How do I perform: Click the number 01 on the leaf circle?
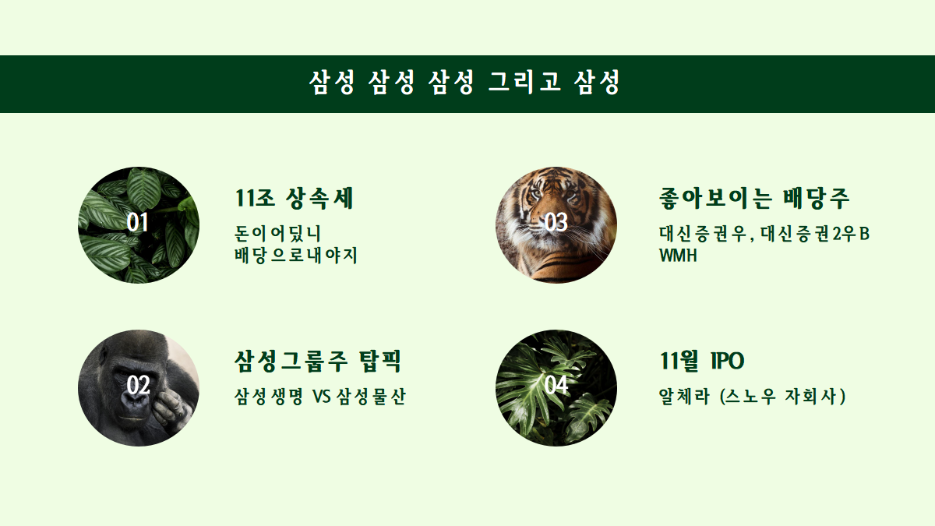(x=138, y=223)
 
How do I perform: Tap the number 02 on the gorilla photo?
(x=138, y=386)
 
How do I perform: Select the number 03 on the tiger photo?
(x=556, y=223)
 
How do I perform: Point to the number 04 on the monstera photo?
(x=556, y=386)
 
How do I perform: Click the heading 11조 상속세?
(x=295, y=199)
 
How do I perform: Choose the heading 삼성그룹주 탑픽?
(x=318, y=362)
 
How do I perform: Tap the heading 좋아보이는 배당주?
(x=753, y=199)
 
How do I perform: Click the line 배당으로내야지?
(x=296, y=255)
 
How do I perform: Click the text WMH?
(x=677, y=255)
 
